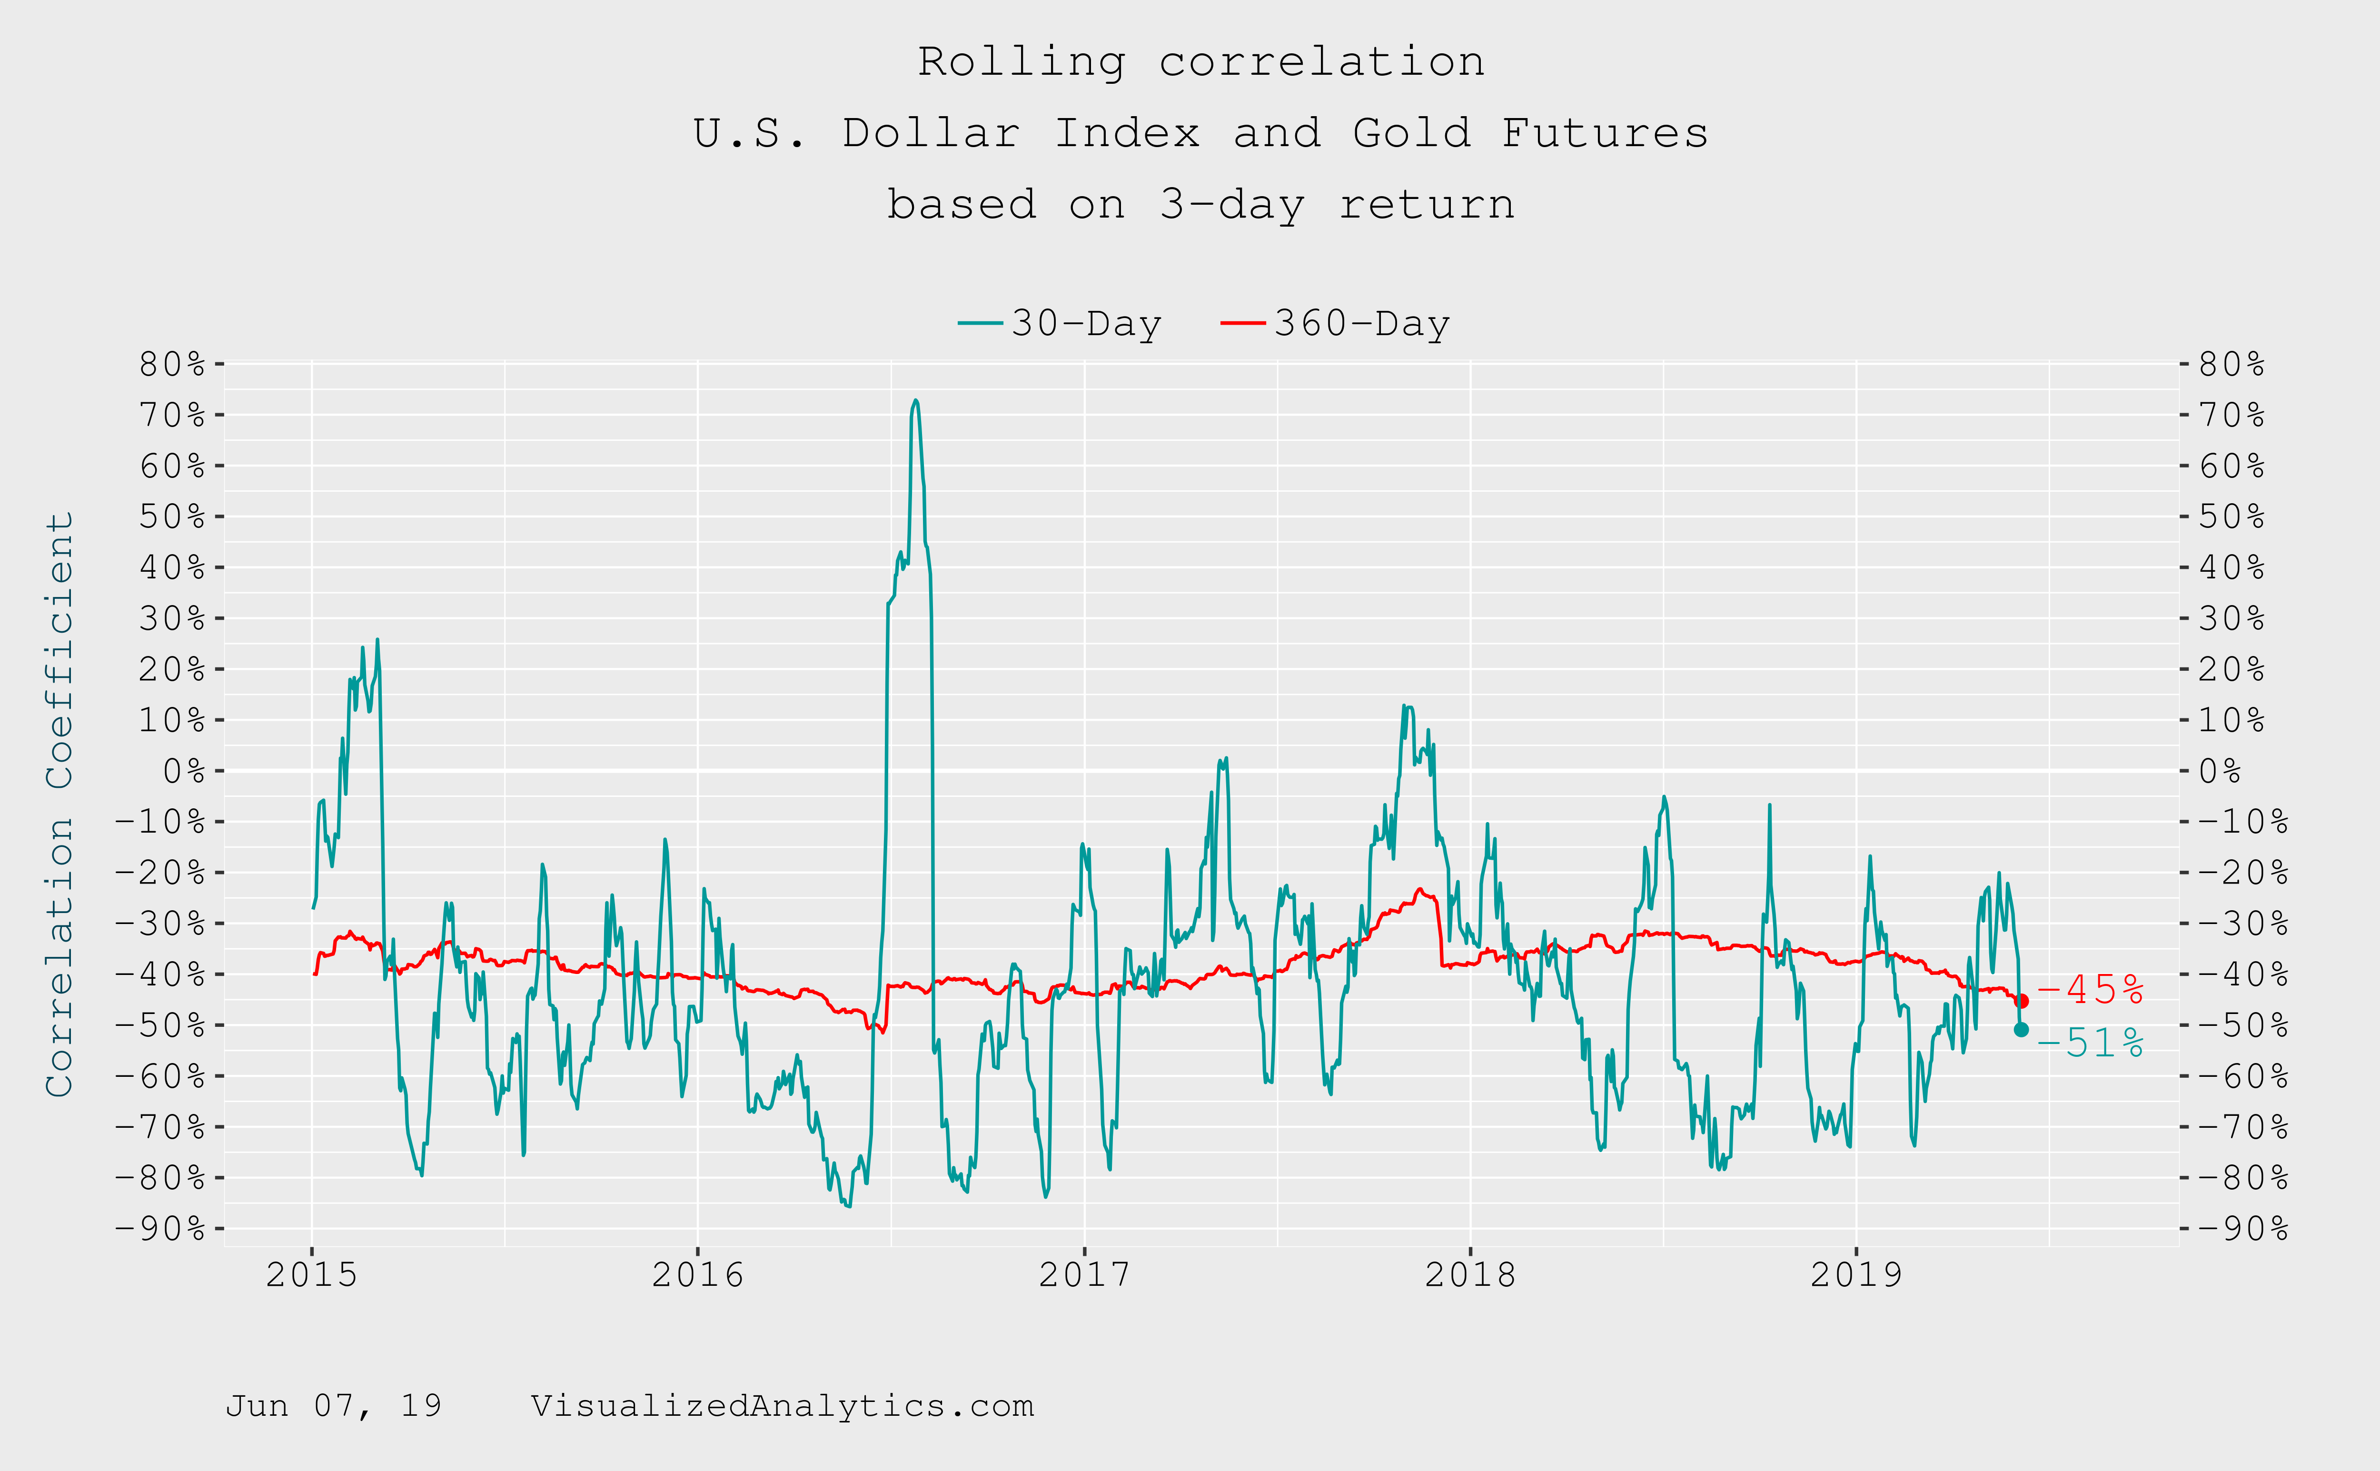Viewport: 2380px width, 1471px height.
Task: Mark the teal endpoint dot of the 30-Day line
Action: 2021,1029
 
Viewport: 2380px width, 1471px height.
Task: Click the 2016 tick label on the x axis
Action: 697,1274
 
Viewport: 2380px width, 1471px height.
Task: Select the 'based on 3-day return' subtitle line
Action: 1201,204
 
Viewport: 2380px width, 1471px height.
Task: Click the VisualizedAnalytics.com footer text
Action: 782,1406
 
